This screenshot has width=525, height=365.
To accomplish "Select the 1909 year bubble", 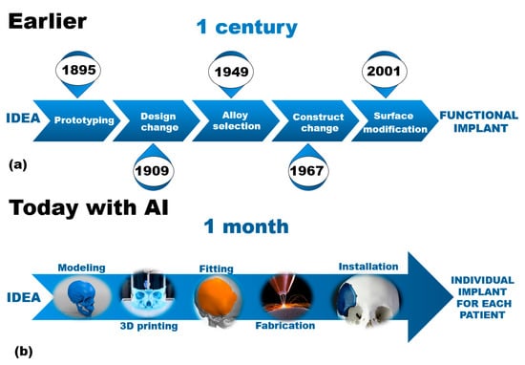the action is [x=154, y=168].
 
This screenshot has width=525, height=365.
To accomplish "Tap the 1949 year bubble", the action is [x=231, y=73].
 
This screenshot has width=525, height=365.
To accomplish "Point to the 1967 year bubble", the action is [x=308, y=168].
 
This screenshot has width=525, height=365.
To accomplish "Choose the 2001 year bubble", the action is [x=385, y=73].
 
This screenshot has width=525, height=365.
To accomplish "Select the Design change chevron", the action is [x=157, y=120].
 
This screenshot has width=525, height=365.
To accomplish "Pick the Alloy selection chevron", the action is [x=236, y=120].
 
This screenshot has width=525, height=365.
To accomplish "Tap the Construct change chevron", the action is [x=316, y=120].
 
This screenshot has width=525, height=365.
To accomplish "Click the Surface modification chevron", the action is [x=395, y=120].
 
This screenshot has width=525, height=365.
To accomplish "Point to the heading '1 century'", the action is [x=247, y=28].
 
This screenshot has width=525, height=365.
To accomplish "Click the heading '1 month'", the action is [x=246, y=226].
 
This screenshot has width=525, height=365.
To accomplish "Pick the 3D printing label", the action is [x=149, y=326].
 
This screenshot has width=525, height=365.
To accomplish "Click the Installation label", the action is [x=368, y=267].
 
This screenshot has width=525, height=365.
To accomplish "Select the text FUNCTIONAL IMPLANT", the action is [x=479, y=121].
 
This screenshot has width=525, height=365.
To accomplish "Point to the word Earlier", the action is [x=47, y=21].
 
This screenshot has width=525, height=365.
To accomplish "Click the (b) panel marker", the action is [x=24, y=352].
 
